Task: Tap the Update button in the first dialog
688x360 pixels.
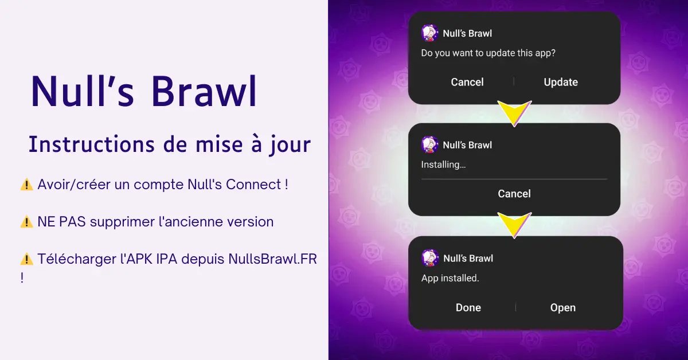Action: coord(561,82)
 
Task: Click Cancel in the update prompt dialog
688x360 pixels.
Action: coord(467,82)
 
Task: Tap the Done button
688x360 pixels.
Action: coord(468,307)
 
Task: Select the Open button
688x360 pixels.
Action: coord(562,307)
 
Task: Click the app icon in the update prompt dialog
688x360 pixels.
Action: coord(429,33)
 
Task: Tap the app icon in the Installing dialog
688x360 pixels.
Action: coord(429,144)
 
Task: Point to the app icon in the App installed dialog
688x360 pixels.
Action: coord(429,258)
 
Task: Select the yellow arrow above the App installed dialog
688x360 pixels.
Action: coord(514,224)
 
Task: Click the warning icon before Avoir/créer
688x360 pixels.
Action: coord(27,185)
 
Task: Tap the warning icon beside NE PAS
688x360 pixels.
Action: coord(27,222)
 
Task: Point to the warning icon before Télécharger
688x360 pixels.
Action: coord(27,259)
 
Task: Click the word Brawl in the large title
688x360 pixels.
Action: coord(204,91)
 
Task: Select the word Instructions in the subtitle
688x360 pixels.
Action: coord(92,144)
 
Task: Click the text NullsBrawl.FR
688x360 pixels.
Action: coord(272,259)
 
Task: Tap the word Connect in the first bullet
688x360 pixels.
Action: coord(253,185)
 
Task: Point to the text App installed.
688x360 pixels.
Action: coord(450,278)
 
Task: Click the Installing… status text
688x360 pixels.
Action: coord(443,165)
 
